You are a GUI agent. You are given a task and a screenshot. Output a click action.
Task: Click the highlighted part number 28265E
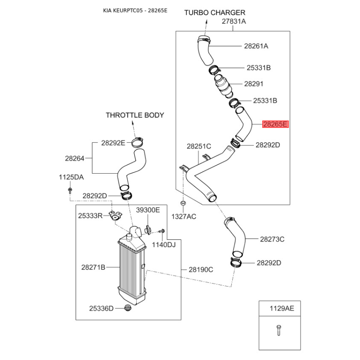[x=275, y=124]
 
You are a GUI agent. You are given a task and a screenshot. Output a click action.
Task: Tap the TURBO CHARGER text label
[x=215, y=13]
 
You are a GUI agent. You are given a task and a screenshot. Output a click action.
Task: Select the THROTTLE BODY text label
[x=135, y=115]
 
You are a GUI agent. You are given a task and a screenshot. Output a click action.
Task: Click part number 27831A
[x=234, y=22]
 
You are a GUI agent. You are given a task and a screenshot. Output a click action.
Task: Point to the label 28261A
[x=256, y=46]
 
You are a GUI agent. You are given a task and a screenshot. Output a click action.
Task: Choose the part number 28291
[x=254, y=84]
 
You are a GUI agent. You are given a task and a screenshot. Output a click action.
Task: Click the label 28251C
[x=199, y=146]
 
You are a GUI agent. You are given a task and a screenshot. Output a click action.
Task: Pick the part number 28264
[x=74, y=158]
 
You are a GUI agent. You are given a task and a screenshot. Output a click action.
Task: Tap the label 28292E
[x=113, y=143]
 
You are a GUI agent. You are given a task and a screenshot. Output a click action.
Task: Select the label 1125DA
[x=71, y=177]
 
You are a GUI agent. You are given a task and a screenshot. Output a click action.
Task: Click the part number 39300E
[x=148, y=210]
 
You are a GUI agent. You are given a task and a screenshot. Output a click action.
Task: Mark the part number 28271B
[x=93, y=267]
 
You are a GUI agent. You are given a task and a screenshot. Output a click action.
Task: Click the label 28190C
[x=201, y=270]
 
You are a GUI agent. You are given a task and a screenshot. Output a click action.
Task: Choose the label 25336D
[x=101, y=308]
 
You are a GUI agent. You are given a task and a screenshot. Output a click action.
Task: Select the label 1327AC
[x=184, y=217]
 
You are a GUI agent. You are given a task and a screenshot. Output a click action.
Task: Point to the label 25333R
[x=90, y=216]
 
